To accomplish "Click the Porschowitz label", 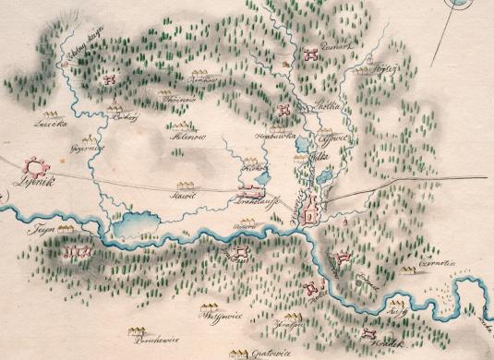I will [160, 340].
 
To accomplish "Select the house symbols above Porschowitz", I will [139, 328].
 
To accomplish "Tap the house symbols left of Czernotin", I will [408, 269].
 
